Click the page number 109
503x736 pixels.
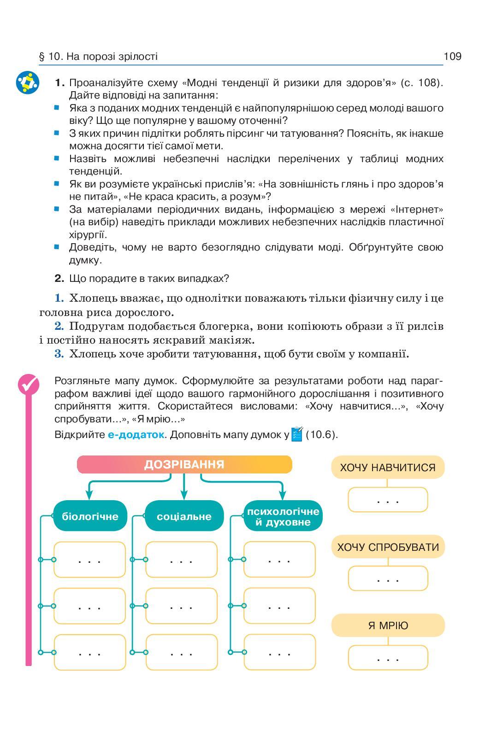452,56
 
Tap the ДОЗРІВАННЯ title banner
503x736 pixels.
184,464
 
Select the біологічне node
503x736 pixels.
90,516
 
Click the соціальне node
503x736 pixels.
184,516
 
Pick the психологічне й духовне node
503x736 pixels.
283,516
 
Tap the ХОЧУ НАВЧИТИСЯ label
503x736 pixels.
387,467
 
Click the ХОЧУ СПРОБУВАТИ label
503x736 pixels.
388,547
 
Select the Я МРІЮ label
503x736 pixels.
388,625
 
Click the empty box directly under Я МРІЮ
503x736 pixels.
388,658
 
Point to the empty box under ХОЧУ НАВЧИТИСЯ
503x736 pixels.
388,500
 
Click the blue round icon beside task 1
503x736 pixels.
28,83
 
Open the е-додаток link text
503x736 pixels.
136,435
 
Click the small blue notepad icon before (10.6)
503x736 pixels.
297,434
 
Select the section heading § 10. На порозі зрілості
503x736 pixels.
98,57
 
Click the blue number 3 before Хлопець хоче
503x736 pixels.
59,354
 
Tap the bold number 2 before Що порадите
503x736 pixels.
59,278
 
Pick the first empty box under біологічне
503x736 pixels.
89,560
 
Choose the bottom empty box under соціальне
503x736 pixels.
181,652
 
